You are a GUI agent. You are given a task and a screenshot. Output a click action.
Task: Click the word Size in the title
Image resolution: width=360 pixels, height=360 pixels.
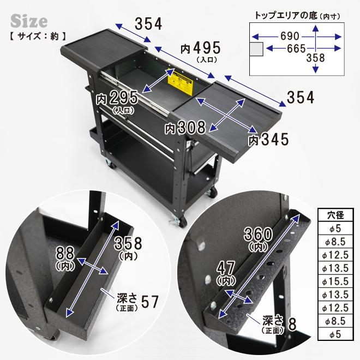coord(29,21)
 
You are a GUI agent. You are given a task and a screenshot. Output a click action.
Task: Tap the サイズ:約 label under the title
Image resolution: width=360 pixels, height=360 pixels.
coord(38,38)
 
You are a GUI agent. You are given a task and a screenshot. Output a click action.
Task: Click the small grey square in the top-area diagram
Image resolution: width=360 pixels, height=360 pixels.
coord(256,49)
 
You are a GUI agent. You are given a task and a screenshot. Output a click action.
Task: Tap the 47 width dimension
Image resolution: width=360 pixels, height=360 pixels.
coord(226,269)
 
